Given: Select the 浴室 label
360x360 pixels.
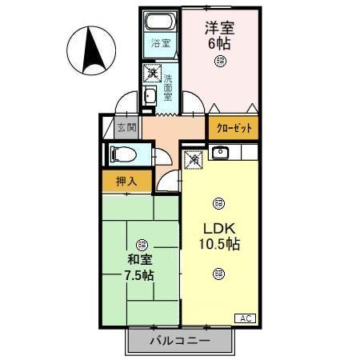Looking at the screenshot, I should [160, 42].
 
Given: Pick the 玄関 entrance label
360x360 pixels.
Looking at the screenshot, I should [126, 126].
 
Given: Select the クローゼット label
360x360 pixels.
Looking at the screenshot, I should [234, 128].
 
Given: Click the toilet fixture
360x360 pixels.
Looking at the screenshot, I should [122, 154].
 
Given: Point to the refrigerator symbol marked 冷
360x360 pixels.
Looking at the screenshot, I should [194, 160].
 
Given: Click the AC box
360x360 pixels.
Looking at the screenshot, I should [245, 318].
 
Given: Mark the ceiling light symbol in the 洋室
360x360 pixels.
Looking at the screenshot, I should [219, 61].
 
